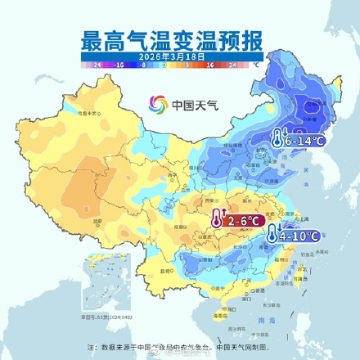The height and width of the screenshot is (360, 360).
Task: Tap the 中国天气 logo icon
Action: tap(155, 105)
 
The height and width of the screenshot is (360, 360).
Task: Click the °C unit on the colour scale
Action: tap(255, 62)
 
